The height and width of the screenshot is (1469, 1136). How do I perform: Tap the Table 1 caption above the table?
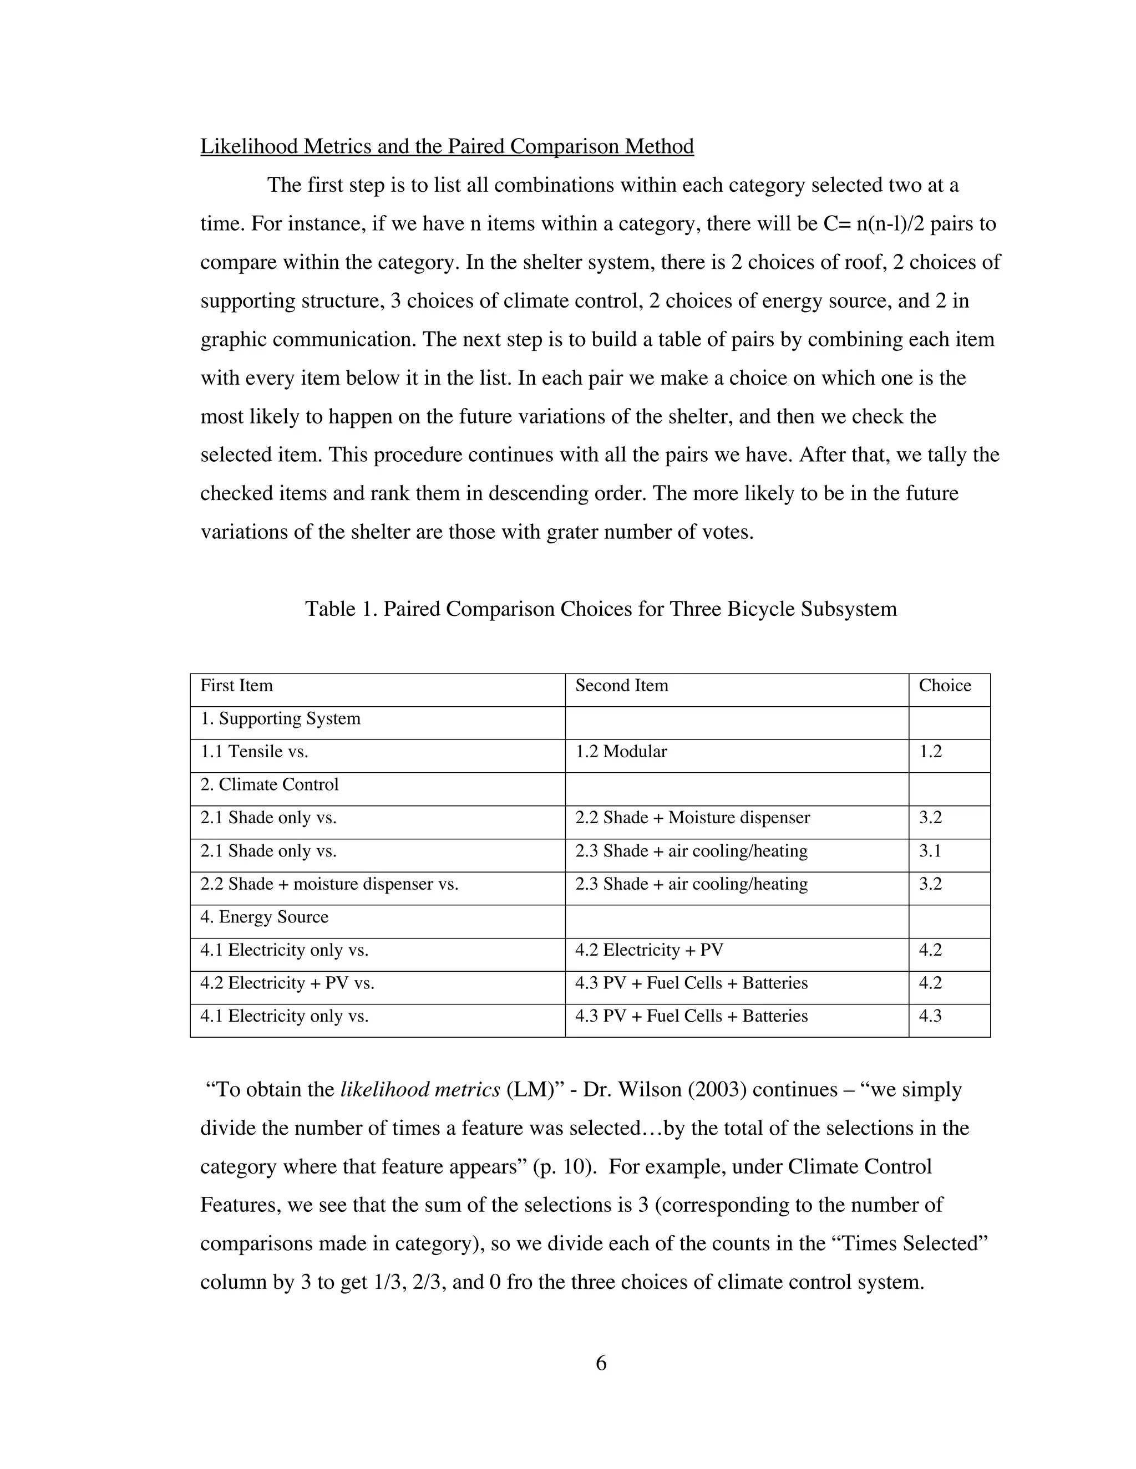click(600, 609)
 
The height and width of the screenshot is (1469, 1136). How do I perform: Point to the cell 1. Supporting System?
click(281, 718)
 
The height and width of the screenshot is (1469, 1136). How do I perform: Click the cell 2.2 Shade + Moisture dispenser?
click(692, 817)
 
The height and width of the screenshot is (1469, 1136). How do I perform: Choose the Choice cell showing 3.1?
click(930, 851)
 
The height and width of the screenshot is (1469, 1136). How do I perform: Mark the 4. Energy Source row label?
click(265, 917)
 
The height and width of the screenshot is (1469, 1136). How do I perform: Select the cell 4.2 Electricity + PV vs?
click(287, 983)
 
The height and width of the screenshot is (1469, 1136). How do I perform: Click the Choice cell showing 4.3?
click(930, 1016)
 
